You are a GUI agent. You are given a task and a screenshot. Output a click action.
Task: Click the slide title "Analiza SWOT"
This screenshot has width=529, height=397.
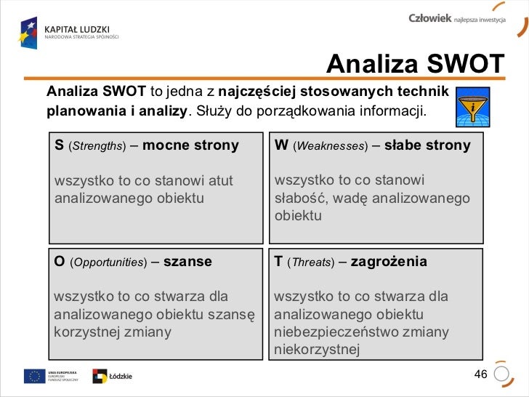pyautogui.click(x=415, y=65)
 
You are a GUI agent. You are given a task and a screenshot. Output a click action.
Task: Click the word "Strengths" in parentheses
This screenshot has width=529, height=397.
pyautogui.click(x=102, y=146)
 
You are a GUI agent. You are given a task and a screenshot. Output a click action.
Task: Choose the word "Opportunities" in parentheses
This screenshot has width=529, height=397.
pyautogui.click(x=108, y=262)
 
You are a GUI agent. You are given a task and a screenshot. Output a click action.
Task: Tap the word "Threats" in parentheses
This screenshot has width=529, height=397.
pyautogui.click(x=310, y=262)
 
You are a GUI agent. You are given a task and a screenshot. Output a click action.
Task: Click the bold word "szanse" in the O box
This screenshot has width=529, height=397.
pyautogui.click(x=187, y=262)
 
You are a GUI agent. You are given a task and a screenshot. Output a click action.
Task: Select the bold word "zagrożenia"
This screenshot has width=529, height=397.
pyautogui.click(x=389, y=262)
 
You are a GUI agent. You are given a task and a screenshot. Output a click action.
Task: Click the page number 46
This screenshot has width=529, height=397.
pyautogui.click(x=480, y=374)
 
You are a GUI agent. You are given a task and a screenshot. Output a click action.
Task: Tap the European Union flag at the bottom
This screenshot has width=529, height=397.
pyautogui.click(x=33, y=376)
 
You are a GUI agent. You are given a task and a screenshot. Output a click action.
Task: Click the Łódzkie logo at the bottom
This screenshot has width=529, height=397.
pyautogui.click(x=113, y=376)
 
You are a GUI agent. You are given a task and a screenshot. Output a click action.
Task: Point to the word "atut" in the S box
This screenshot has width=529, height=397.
pyautogui.click(x=221, y=180)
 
